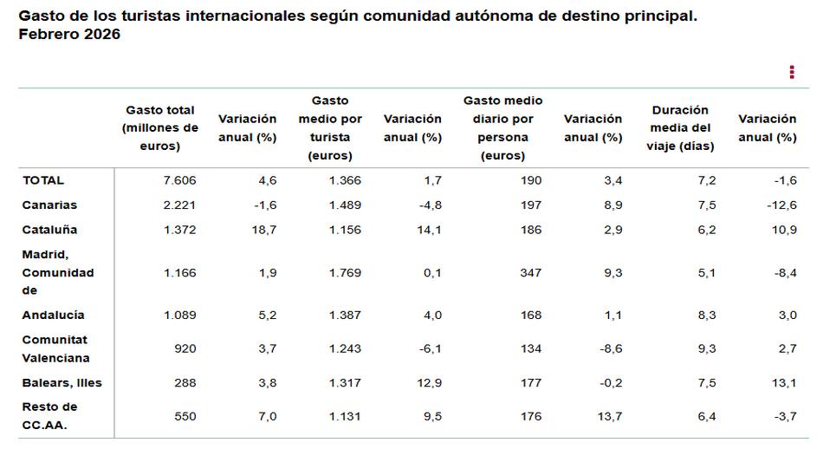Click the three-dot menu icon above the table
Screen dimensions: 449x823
(x=792, y=72)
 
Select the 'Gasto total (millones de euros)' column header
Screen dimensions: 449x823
(x=160, y=128)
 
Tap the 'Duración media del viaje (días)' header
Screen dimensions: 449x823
(x=680, y=128)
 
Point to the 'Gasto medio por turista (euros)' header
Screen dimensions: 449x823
(x=330, y=128)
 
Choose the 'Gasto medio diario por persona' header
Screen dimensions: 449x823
(x=502, y=128)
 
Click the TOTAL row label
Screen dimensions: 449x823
(x=43, y=180)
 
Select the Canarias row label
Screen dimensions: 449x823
(x=49, y=205)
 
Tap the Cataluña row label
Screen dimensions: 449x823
(x=49, y=230)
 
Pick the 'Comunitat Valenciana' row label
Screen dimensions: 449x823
(x=55, y=348)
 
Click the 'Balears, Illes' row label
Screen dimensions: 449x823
(x=62, y=382)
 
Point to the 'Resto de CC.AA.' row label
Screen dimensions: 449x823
(x=49, y=415)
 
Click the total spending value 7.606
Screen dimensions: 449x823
(x=180, y=180)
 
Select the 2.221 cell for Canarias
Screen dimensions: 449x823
(x=180, y=205)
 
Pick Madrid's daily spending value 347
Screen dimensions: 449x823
(x=530, y=272)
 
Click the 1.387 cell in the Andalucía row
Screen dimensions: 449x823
(x=345, y=315)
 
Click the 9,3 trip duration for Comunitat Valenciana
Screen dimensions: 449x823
(x=706, y=348)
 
